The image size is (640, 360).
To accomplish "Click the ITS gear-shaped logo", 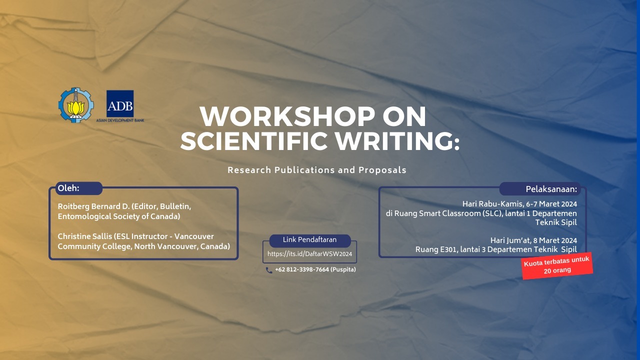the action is [76, 104].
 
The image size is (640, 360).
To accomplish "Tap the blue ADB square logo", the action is [120, 103].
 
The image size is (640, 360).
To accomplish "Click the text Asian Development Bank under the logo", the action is [120, 120].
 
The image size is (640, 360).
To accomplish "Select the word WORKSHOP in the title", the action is [287, 116].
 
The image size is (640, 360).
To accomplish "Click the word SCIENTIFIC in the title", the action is [253, 141].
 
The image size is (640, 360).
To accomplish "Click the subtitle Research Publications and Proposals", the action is [317, 170].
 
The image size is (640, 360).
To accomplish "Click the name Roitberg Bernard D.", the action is [93, 206].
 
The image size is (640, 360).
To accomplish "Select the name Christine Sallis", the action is [84, 236].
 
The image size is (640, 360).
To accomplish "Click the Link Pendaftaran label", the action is [309, 240].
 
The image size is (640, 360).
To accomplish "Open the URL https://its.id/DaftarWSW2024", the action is [309, 254].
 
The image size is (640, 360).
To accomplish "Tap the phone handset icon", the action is [269, 270].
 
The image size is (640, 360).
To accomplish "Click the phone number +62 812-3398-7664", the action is [302, 269].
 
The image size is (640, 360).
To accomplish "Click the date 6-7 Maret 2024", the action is [551, 204].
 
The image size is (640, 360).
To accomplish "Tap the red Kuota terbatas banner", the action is [557, 265].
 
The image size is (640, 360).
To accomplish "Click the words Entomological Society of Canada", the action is [119, 216].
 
